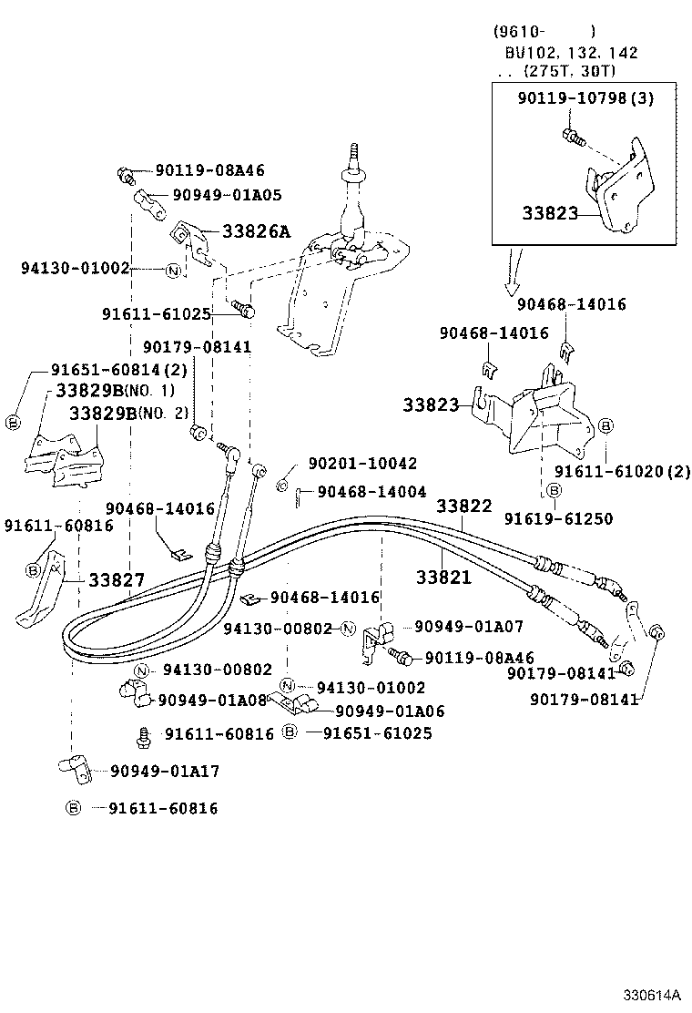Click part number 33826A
point(256,231)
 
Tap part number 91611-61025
point(157,313)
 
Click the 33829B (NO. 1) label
point(115,390)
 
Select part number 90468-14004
point(371,492)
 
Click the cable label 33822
point(463,506)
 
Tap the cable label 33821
point(443,577)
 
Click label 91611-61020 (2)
point(623,471)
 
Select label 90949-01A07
point(469,627)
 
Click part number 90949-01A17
point(165,772)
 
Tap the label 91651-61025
point(370,732)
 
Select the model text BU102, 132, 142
point(572,53)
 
